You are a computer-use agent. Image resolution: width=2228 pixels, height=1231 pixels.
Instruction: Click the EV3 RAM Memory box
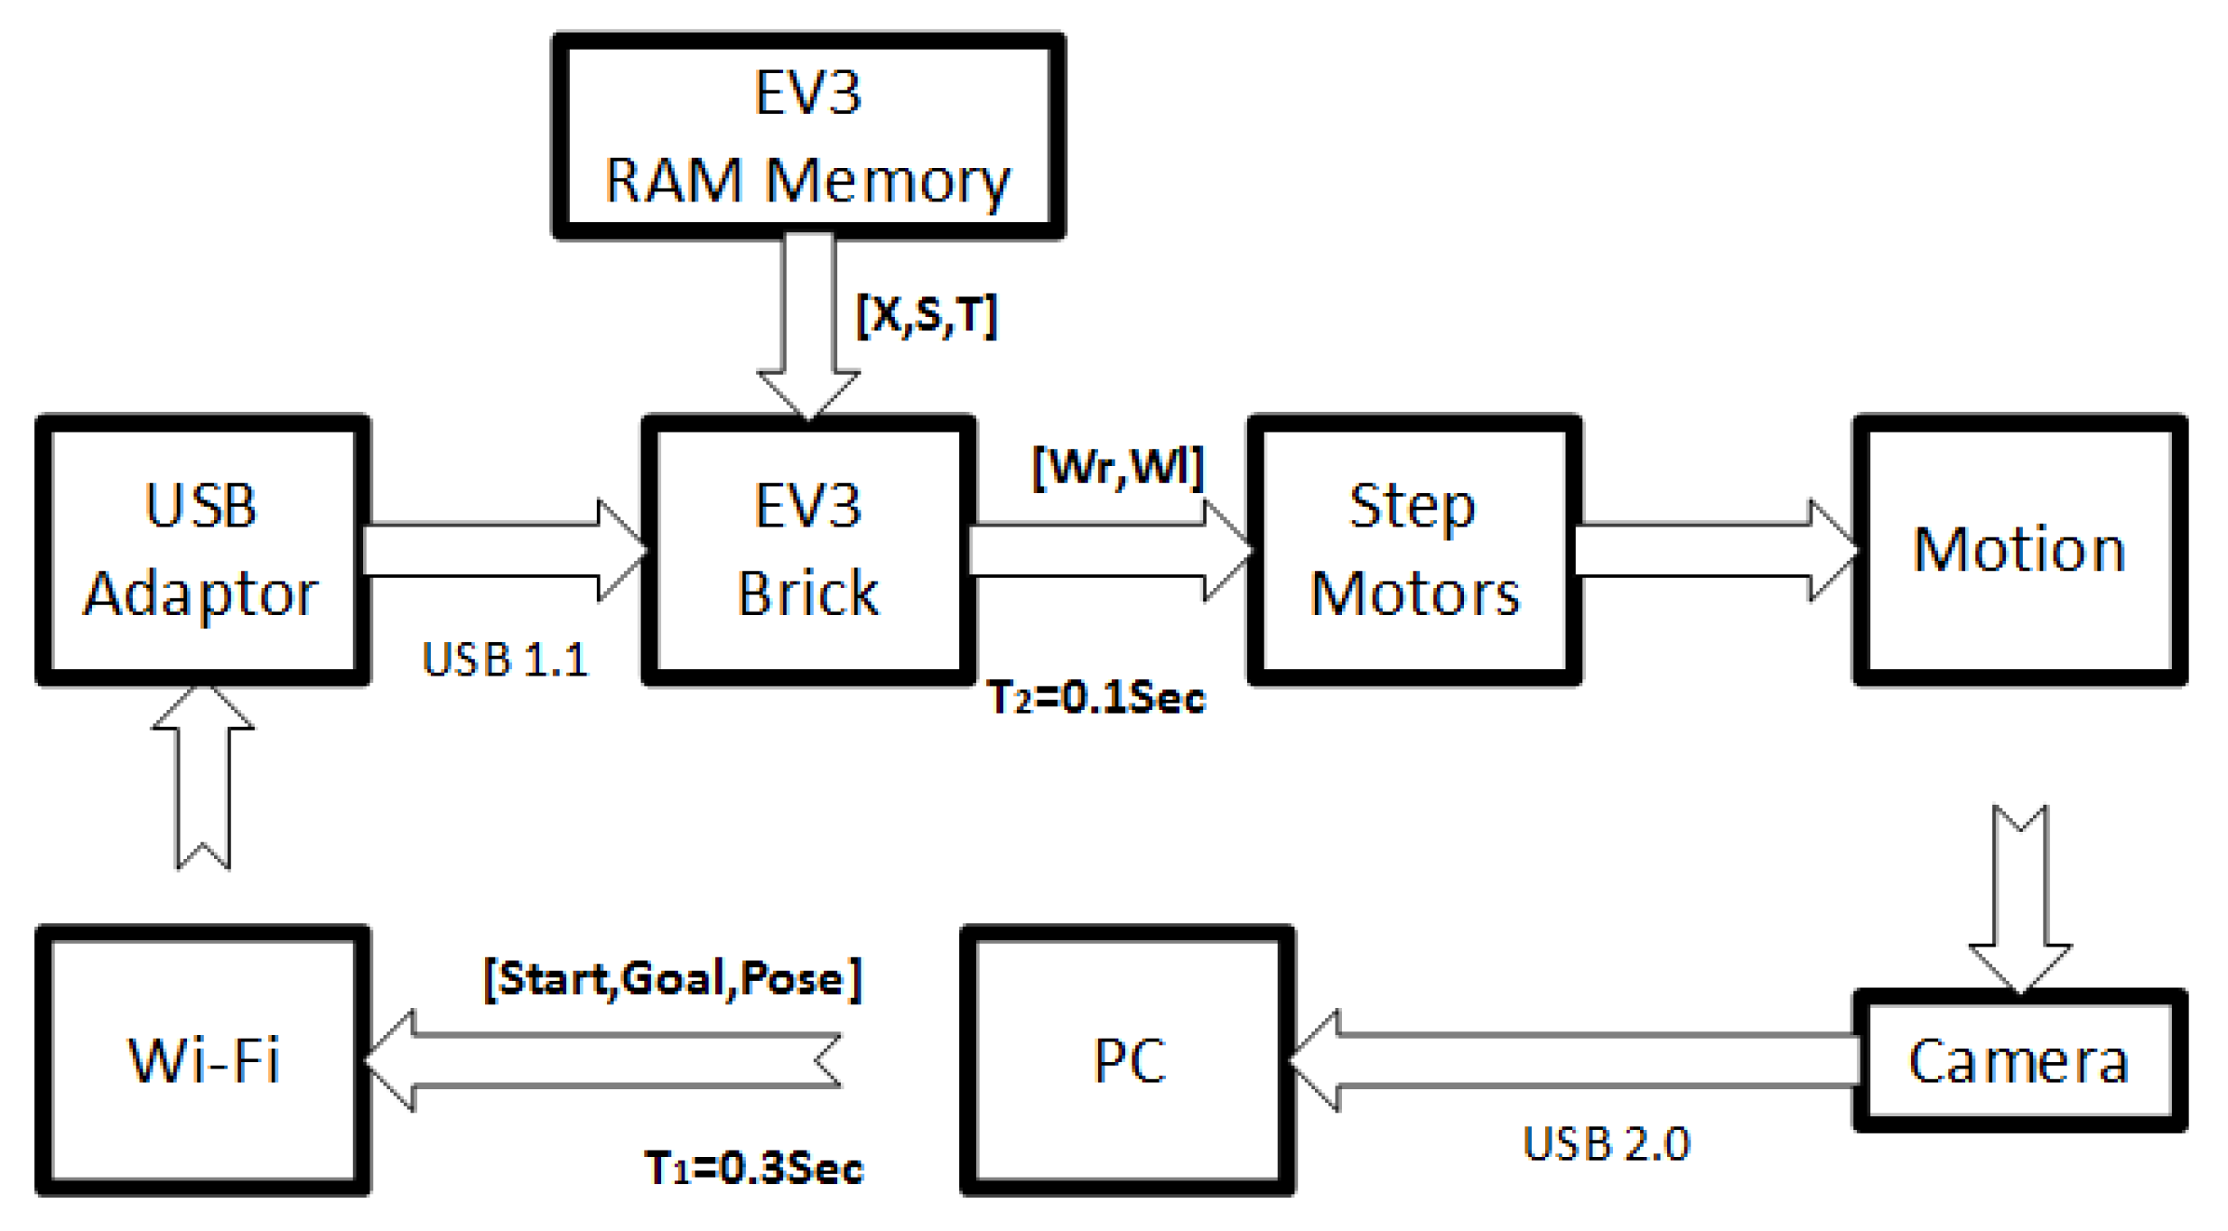click(x=808, y=135)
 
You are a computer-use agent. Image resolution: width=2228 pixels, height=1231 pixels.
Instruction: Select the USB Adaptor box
click(x=202, y=550)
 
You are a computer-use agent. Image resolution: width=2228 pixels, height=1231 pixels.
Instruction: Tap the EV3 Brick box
click(x=808, y=550)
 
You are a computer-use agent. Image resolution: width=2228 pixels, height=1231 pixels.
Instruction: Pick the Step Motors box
click(x=1414, y=550)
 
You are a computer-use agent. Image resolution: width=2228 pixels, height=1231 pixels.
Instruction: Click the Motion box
click(x=2019, y=550)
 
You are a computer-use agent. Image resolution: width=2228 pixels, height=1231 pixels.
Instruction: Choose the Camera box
click(x=2019, y=1060)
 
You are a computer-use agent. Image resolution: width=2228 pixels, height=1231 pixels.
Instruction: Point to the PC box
click(x=1128, y=1060)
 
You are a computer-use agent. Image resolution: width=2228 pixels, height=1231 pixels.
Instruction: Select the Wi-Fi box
click(x=202, y=1060)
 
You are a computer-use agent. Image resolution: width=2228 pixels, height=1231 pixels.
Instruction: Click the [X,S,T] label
click(x=927, y=315)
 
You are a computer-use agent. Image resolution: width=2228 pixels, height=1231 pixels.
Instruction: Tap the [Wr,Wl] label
click(x=1118, y=468)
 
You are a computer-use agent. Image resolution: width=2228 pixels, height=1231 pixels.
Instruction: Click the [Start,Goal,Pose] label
click(x=673, y=979)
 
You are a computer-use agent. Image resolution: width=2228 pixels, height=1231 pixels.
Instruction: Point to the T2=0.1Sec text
click(x=1096, y=698)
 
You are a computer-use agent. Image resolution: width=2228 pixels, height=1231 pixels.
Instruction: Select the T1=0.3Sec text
click(x=754, y=1168)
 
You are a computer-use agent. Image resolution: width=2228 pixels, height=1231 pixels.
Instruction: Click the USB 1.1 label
click(x=505, y=659)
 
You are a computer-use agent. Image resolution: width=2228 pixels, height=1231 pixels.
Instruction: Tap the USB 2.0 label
click(x=1606, y=1144)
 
